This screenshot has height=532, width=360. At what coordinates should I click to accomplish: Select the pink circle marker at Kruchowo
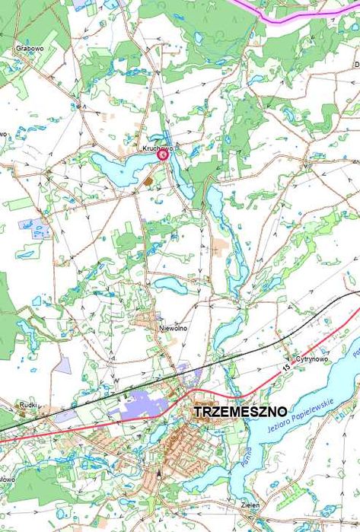pos(163,155)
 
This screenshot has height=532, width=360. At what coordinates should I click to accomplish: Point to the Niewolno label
pos(173,327)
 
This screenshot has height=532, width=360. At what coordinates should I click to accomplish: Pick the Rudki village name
pos(29,406)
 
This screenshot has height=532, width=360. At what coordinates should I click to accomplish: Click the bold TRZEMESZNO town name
pos(240,411)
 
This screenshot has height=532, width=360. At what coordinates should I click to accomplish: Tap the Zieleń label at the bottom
pos(252,505)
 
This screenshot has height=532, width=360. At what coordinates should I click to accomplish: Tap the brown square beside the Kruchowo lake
pos(149,181)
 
